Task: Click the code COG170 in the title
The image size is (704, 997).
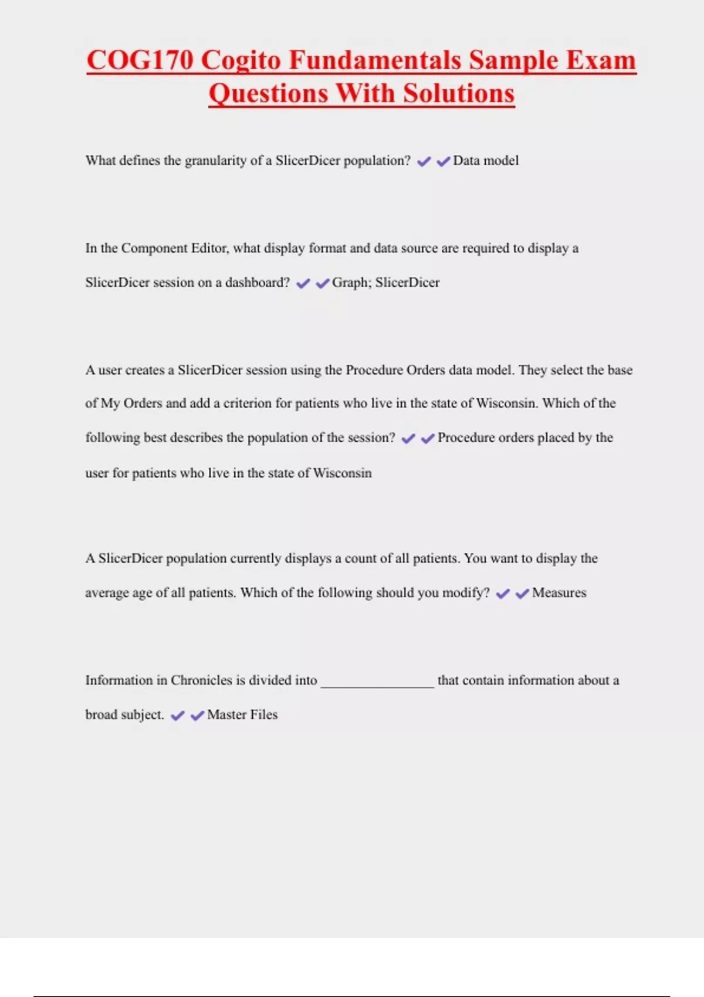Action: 140,60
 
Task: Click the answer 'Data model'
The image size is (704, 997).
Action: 486,161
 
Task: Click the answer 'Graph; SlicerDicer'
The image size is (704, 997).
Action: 385,283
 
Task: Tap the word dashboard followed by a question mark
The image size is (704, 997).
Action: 257,283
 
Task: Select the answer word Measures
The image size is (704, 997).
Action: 559,593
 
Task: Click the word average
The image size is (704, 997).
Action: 107,593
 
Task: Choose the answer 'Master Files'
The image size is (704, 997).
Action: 242,715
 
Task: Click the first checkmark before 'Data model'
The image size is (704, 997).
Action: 424,161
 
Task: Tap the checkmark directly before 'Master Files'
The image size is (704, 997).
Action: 197,715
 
